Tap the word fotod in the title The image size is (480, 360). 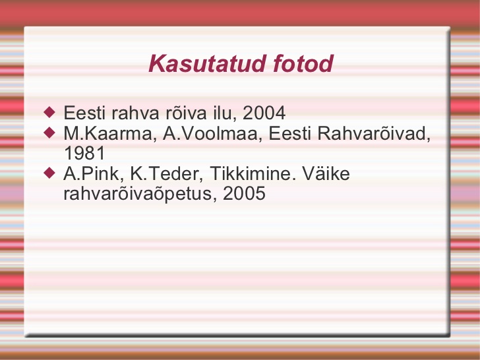[303, 63]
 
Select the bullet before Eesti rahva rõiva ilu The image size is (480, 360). [49, 112]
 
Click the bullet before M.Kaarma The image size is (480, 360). [49, 133]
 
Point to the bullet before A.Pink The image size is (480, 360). [49, 173]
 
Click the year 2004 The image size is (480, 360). [264, 113]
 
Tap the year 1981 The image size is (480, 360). [84, 153]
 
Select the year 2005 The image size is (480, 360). [244, 193]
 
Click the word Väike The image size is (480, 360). [326, 173]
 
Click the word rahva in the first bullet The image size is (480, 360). [135, 113]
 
